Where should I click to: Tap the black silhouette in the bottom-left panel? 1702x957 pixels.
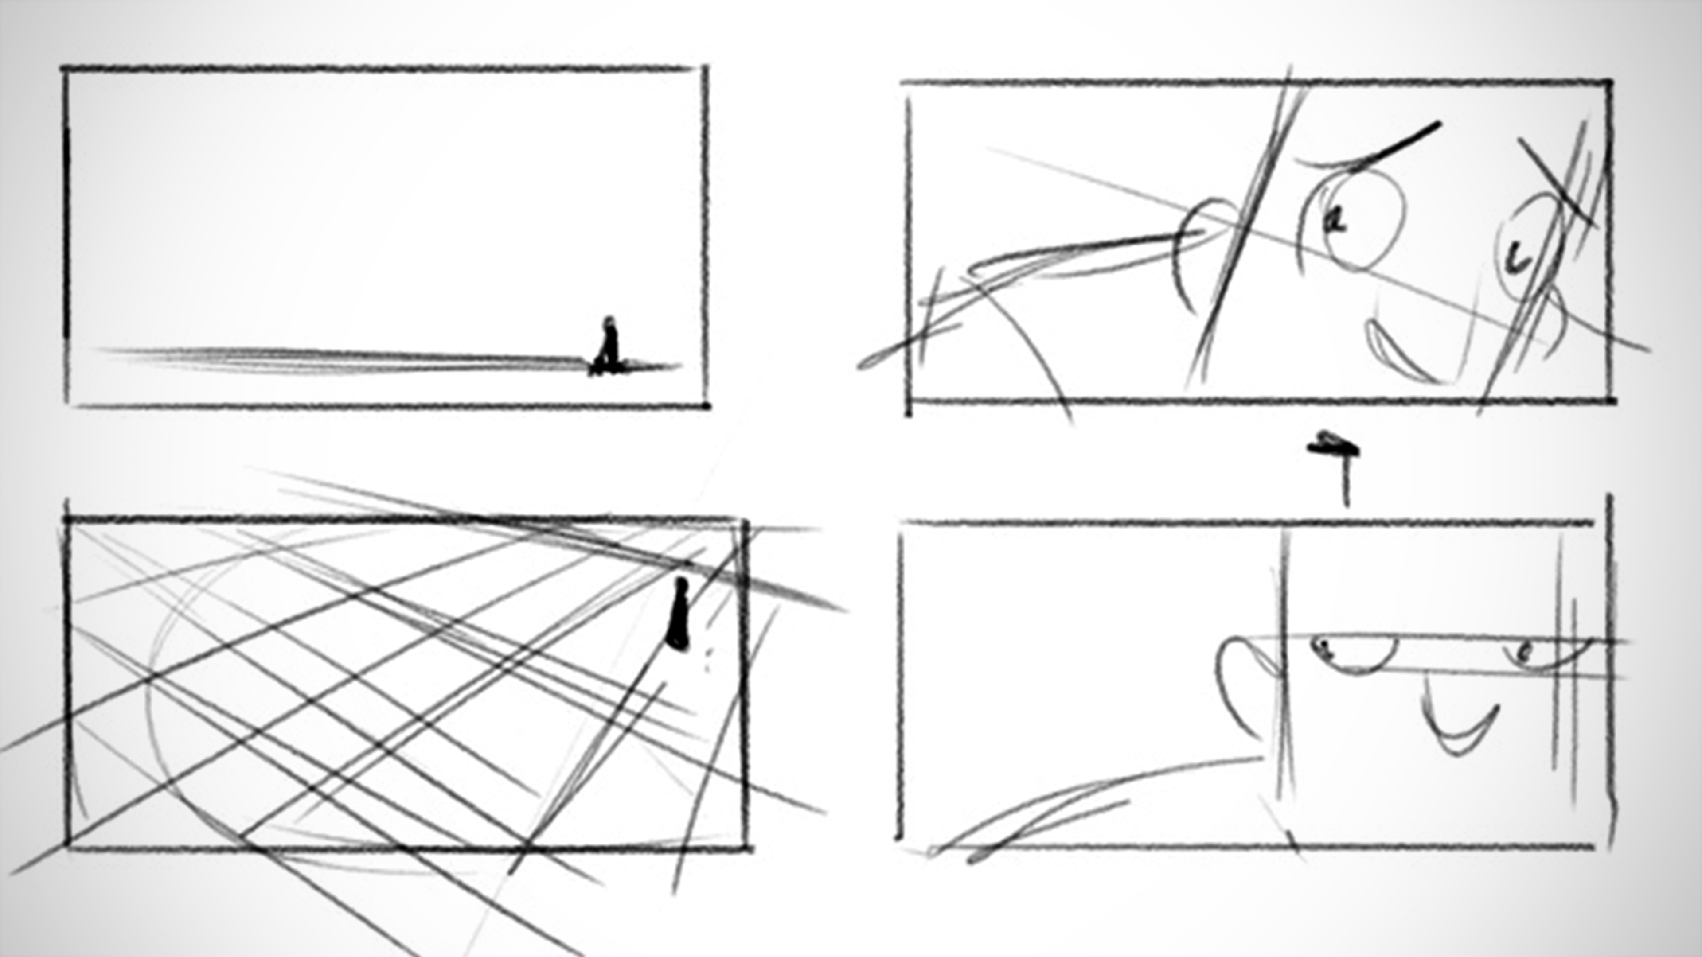point(679,614)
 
